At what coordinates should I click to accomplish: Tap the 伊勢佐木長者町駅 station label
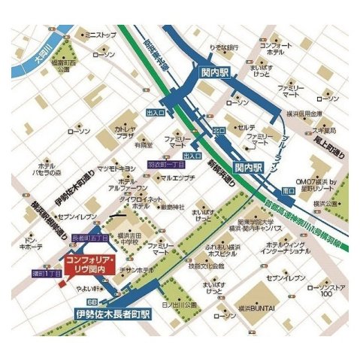pyautogui.click(x=113, y=311)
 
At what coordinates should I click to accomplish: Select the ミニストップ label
pyautogui.click(x=101, y=35)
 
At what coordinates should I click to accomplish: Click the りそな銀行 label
pyautogui.click(x=225, y=47)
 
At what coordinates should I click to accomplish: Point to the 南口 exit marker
pyautogui.click(x=289, y=190)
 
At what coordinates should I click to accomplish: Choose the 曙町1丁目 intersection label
pyautogui.click(x=45, y=272)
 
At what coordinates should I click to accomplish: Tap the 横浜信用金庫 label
pyautogui.click(x=305, y=114)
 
